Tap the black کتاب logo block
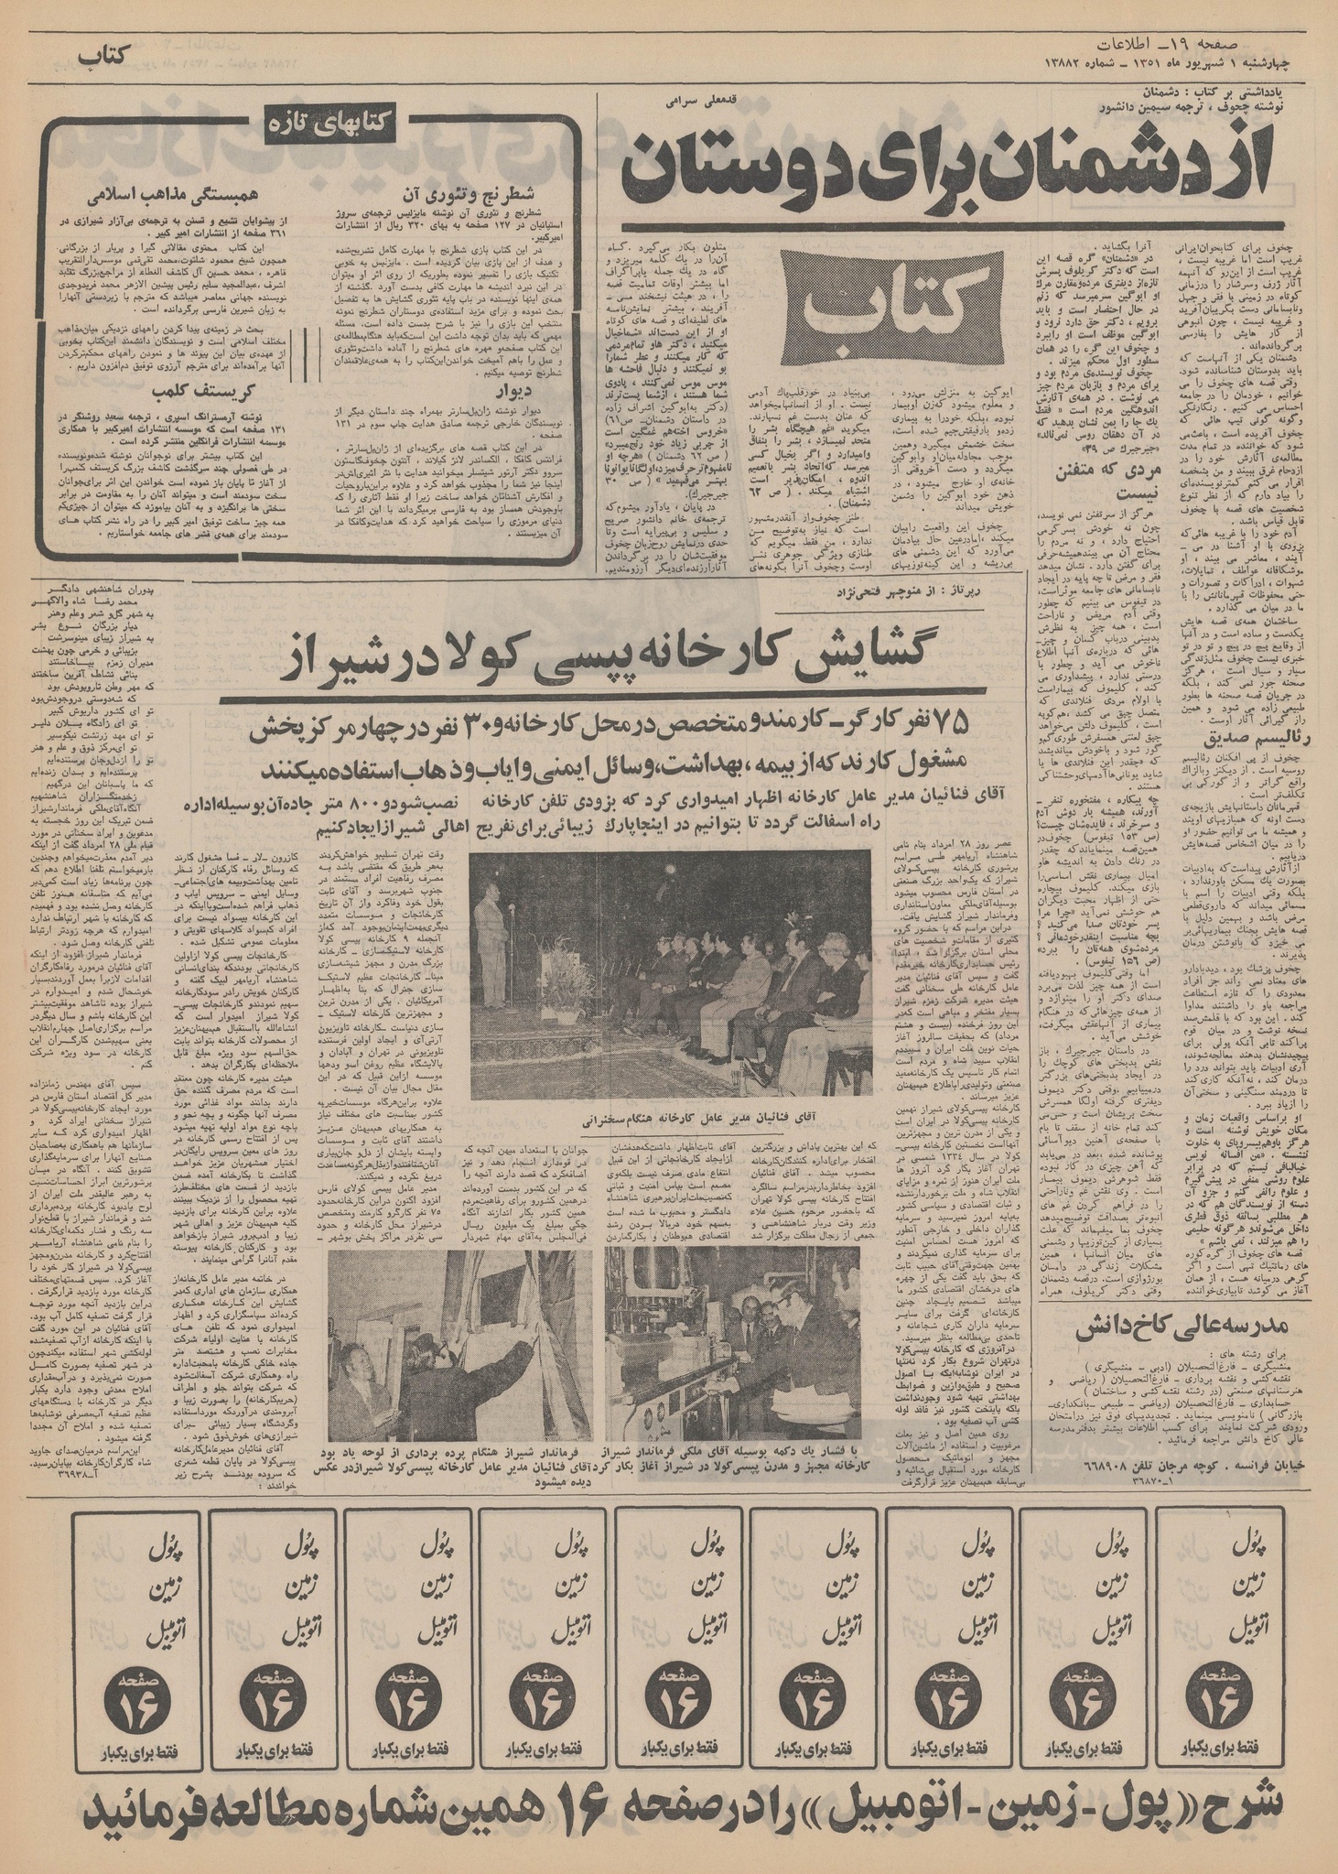[x=898, y=312]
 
